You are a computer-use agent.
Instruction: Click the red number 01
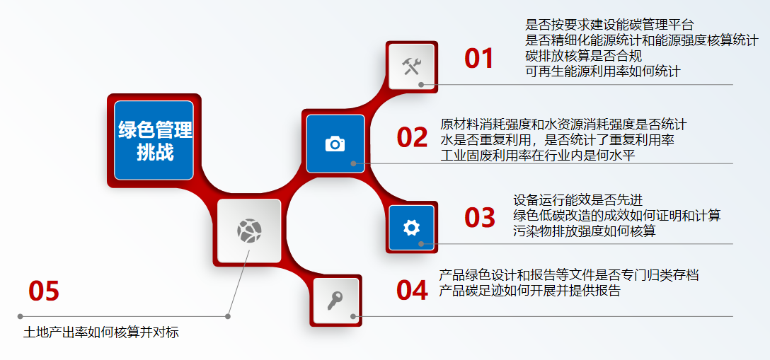pos(478,59)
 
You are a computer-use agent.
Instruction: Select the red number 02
pos(412,138)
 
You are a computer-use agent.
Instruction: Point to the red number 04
pos(412,290)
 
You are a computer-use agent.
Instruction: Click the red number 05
pos(43,291)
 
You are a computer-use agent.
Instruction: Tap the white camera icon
pos(335,144)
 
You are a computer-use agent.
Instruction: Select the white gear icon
pos(411,227)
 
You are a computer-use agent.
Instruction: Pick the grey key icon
pos(335,301)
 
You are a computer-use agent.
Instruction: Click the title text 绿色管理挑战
pos(154,141)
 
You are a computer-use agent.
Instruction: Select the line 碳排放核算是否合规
pos(583,56)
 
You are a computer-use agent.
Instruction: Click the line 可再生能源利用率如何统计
pos(602,71)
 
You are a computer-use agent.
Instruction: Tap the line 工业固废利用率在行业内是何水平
pos(538,154)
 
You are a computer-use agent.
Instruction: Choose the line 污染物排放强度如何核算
pos(585,231)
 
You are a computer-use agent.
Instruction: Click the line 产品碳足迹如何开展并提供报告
pos(529,290)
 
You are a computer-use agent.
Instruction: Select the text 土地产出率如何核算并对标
pos(101,332)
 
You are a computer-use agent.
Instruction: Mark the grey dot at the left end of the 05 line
pos(21,316)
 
